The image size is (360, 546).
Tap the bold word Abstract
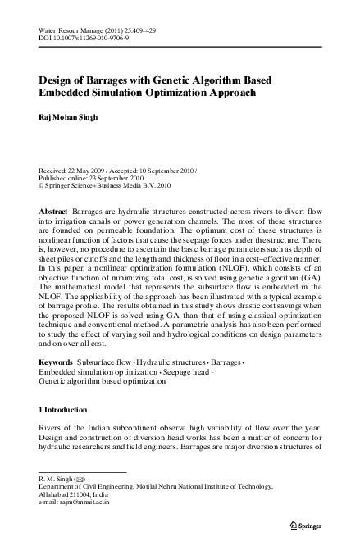[53, 212]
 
